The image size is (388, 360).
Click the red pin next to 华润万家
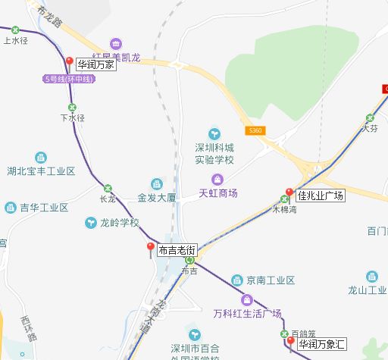[69, 62]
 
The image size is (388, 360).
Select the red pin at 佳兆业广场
[289, 193]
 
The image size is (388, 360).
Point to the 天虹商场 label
[218, 193]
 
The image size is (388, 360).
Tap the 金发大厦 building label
[156, 197]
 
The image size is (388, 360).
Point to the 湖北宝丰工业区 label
[41, 171]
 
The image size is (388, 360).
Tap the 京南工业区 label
[270, 280]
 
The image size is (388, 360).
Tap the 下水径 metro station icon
[72, 108]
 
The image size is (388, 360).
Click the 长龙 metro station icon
[107, 189]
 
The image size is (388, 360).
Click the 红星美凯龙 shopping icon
[115, 44]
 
